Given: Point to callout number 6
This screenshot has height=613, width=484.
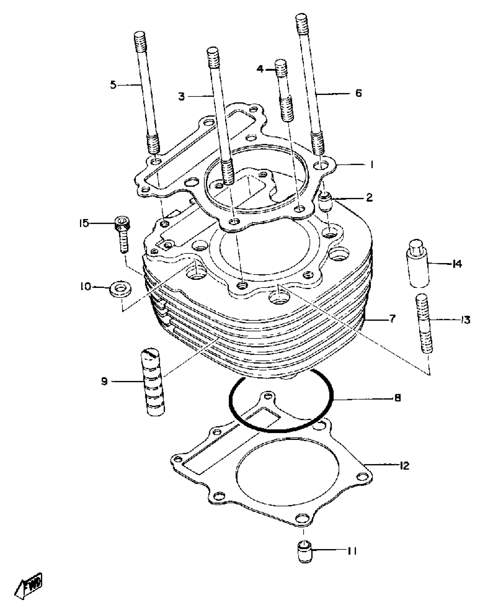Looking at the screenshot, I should [358, 93].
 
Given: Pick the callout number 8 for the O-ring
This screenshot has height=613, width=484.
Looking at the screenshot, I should [398, 398].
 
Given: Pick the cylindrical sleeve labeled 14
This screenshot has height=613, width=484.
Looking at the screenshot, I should [417, 263].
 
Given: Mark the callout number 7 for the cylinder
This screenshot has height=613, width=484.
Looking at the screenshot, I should [393, 319].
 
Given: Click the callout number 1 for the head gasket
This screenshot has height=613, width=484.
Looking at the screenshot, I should [371, 165].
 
